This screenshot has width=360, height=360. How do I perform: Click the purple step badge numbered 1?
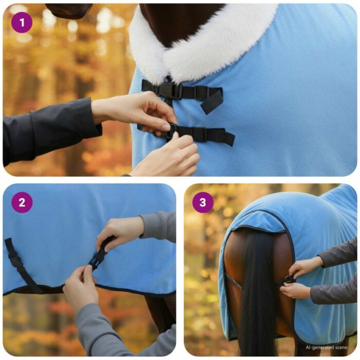click(x=22, y=23)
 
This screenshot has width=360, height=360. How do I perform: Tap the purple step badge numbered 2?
click(x=22, y=203)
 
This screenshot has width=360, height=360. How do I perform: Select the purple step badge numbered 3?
click(x=203, y=203)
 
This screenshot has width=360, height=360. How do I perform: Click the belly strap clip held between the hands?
click(x=98, y=257)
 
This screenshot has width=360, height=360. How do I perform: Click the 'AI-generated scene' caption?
click(x=327, y=347)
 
